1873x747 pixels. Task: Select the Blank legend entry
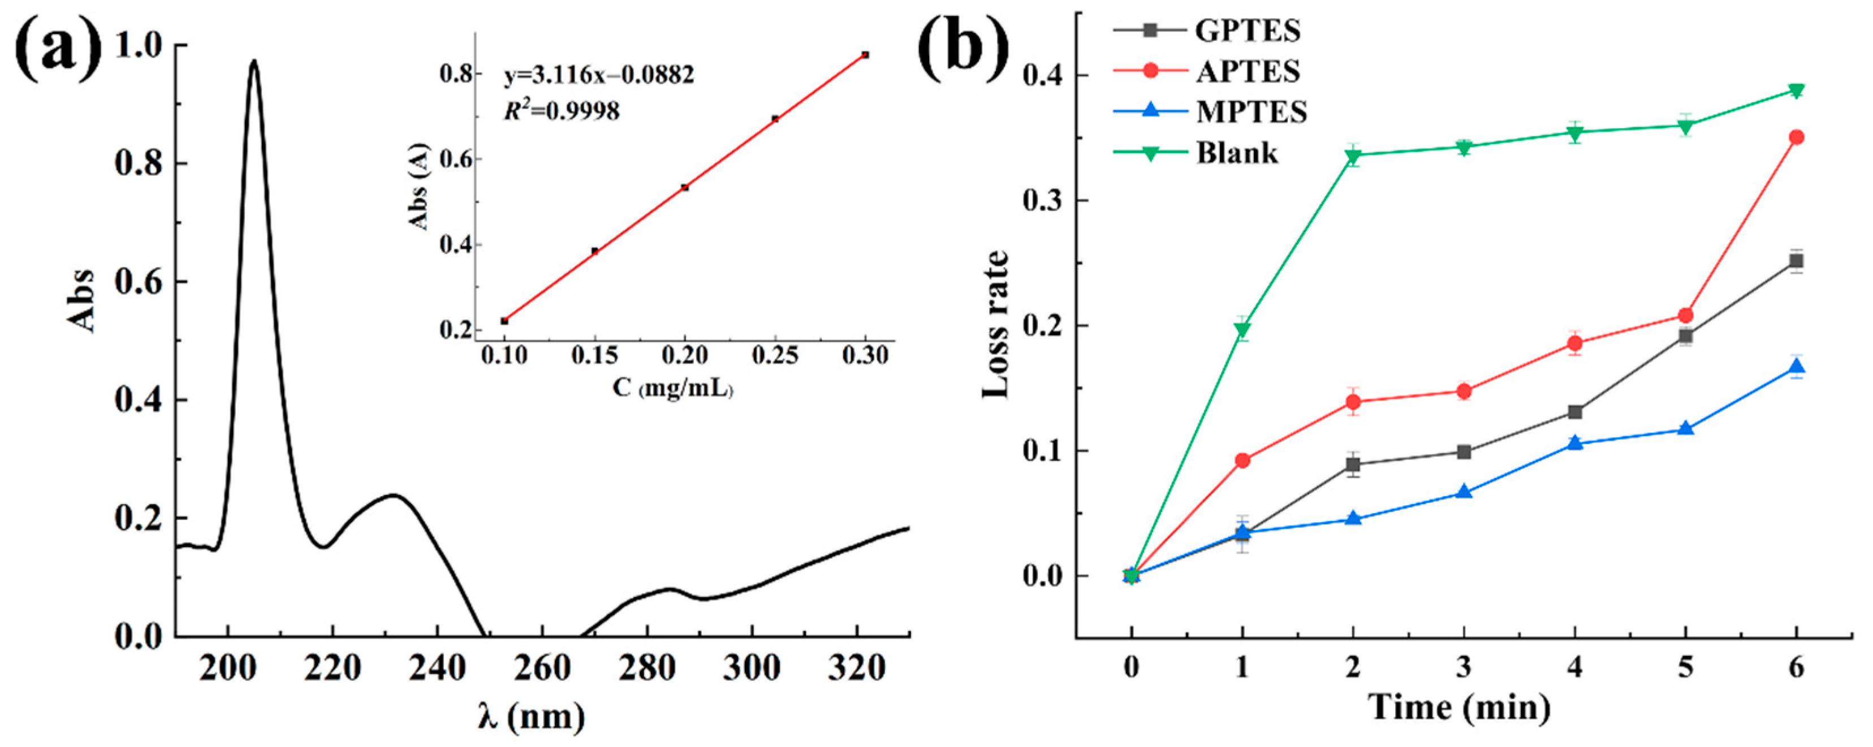[x=1236, y=153]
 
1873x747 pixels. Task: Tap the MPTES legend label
[x=1250, y=112]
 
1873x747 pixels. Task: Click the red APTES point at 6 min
[x=1796, y=137]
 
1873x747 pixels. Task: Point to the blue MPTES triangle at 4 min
[x=1575, y=442]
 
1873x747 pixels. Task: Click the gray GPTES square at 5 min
[x=1685, y=336]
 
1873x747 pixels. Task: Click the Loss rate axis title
[x=995, y=325]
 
